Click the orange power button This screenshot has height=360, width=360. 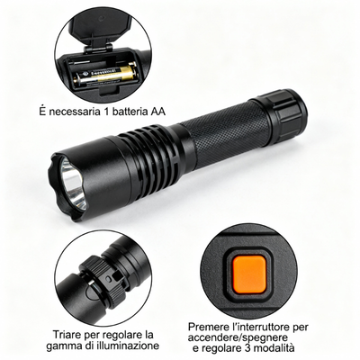coord(249,274)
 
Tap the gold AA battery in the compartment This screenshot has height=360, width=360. coord(106,75)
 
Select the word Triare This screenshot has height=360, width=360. coord(67,334)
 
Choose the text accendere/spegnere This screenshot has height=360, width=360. coord(238,337)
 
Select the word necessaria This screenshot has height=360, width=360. coord(74,112)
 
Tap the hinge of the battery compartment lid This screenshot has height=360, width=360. coord(98,48)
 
